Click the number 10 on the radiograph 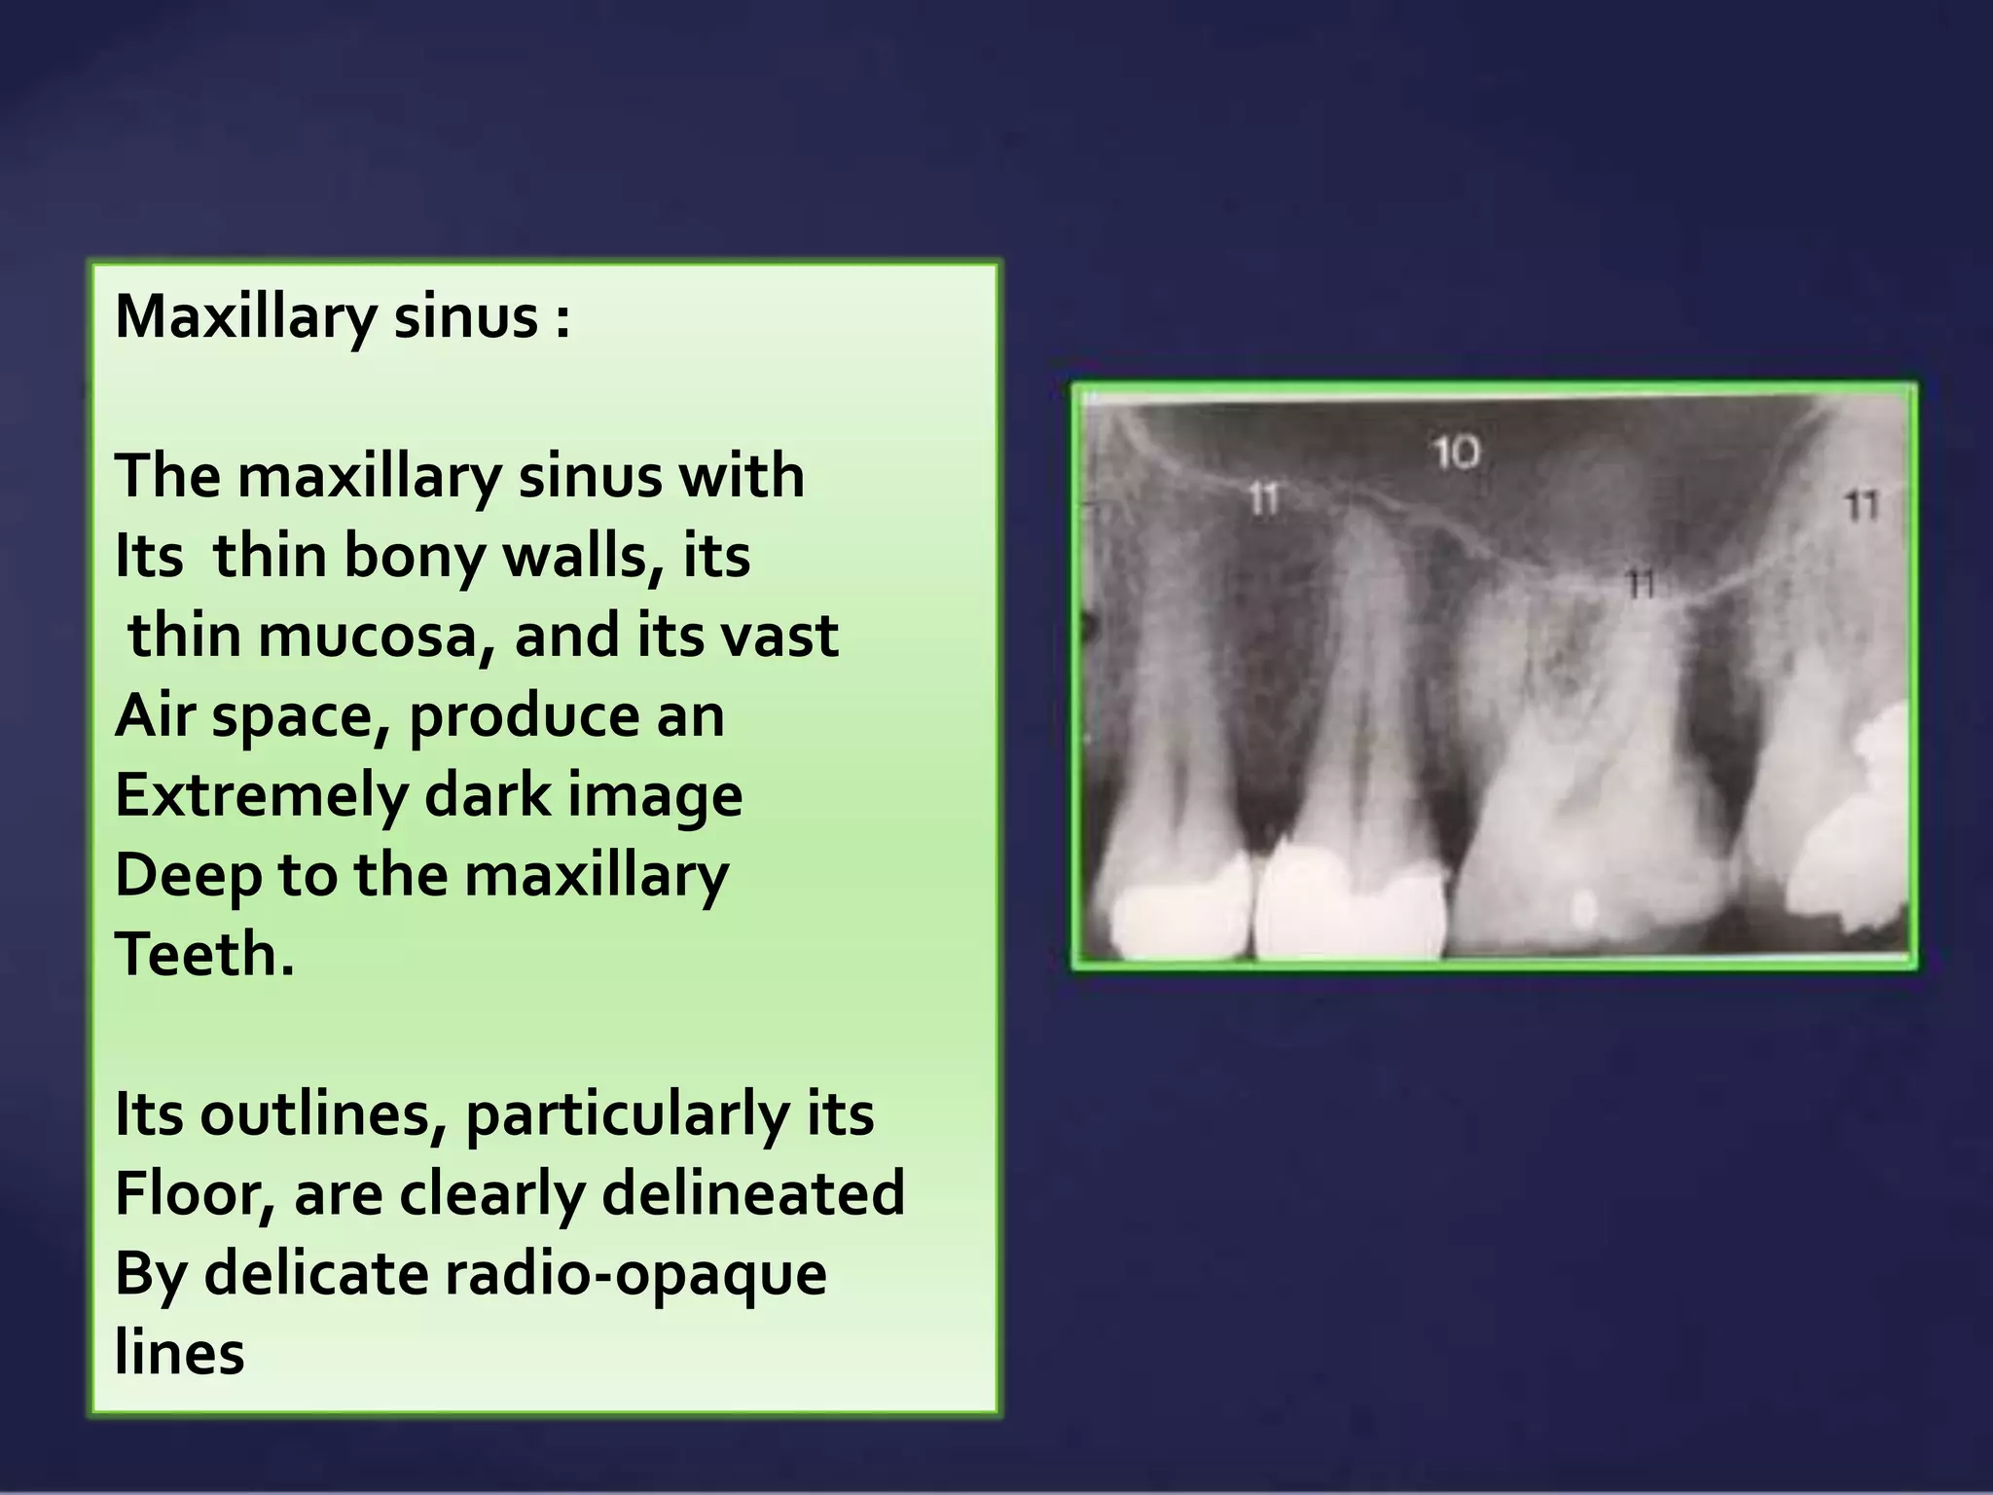[1457, 453]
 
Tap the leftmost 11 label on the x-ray [1262, 499]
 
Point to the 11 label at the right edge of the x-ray [1861, 505]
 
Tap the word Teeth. [203, 954]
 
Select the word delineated [752, 1194]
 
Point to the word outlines [323, 1113]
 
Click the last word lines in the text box [179, 1353]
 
